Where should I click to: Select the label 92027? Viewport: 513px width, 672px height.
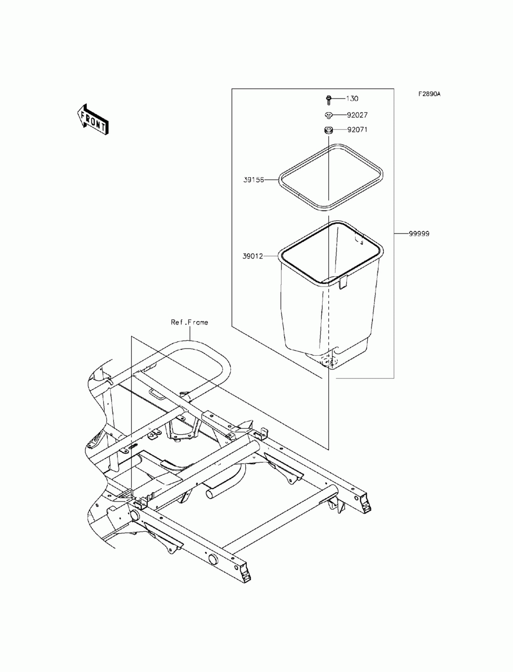pyautogui.click(x=357, y=115)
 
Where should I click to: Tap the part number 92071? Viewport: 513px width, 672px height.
pyautogui.click(x=357, y=130)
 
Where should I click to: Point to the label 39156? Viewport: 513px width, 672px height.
pyautogui.click(x=253, y=180)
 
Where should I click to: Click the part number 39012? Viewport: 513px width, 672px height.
pyautogui.click(x=253, y=256)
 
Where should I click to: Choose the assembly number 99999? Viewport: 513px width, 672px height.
pyautogui.click(x=419, y=234)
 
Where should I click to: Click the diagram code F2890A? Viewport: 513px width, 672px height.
pyautogui.click(x=429, y=94)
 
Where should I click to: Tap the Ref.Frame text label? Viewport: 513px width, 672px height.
pyautogui.click(x=189, y=322)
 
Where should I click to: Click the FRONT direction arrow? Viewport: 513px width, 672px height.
pyautogui.click(x=92, y=119)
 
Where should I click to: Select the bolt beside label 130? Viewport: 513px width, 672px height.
pyautogui.click(x=327, y=98)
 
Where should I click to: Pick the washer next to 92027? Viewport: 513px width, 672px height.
pyautogui.click(x=327, y=115)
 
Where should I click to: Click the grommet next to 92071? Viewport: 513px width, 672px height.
pyautogui.click(x=327, y=130)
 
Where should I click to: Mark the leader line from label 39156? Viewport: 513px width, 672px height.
pyautogui.click(x=271, y=180)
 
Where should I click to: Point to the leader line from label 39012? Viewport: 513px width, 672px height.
pyautogui.click(x=270, y=256)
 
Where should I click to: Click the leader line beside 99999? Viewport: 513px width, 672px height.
pyautogui.click(x=401, y=234)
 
